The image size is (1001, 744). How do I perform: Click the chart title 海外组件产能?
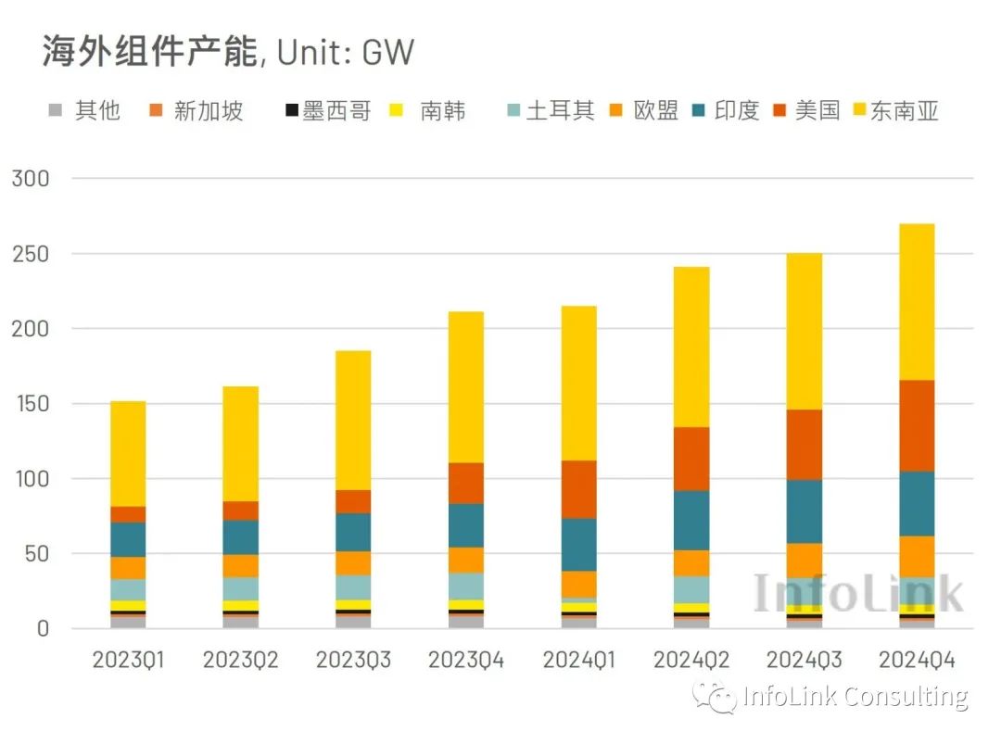[149, 53]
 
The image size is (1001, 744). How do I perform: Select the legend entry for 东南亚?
[895, 111]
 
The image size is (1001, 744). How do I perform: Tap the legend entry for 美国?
[806, 111]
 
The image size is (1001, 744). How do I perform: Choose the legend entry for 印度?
[727, 111]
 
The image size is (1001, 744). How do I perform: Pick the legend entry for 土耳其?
[549, 111]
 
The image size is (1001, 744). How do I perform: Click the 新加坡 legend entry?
[196, 111]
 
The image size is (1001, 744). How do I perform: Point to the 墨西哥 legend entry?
[327, 111]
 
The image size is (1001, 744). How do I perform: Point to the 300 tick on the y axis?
[30, 179]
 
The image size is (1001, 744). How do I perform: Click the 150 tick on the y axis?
[30, 404]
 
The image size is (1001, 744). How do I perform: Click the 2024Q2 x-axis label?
[691, 661]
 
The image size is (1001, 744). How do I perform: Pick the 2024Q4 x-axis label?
[917, 661]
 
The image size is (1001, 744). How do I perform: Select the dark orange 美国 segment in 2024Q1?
[579, 489]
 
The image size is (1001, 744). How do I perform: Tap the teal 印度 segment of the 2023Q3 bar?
[353, 532]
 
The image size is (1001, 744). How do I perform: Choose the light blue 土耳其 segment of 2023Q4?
[466, 586]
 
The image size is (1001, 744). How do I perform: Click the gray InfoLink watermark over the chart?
[857, 593]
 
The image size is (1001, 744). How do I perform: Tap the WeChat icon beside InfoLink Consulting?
[717, 697]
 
